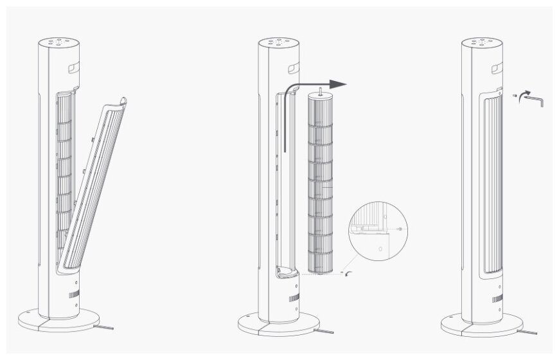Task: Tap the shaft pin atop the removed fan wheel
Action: click(319, 88)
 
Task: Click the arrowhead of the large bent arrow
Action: click(338, 84)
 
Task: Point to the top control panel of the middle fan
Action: click(278, 43)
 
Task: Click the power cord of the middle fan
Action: click(325, 331)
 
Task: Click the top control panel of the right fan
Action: click(482, 43)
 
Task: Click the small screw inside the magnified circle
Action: click(400, 228)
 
